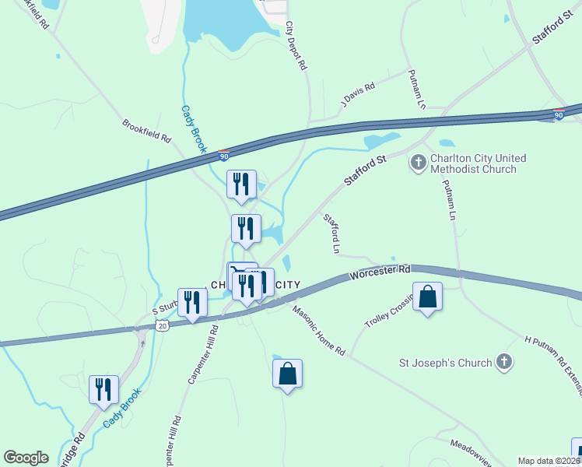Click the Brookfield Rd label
(145, 131)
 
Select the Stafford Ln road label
(331, 233)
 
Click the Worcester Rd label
(380, 272)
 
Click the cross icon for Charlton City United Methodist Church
(418, 163)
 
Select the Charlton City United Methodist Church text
(472, 163)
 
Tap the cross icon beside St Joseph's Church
(504, 362)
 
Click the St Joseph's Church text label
(445, 363)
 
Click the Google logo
(26, 458)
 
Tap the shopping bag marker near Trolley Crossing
(427, 297)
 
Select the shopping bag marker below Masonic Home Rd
(287, 374)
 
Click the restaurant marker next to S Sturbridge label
(191, 302)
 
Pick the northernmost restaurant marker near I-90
(241, 184)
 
